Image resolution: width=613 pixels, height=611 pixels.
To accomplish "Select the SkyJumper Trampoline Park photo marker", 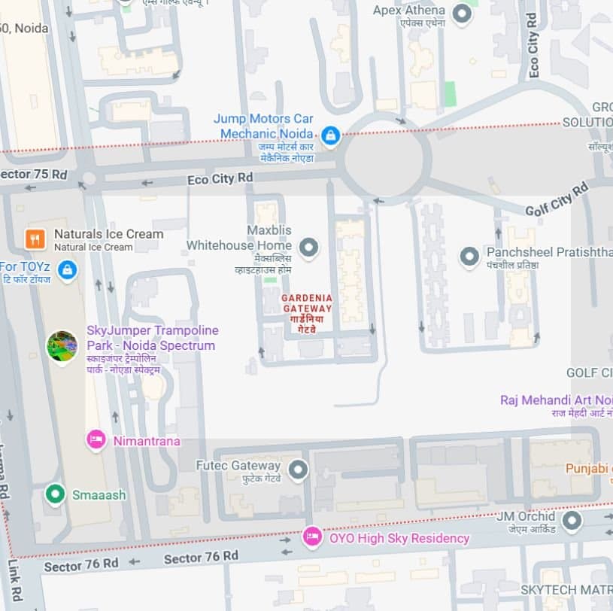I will (x=62, y=346).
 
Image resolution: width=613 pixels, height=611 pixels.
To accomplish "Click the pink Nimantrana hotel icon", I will (x=96, y=439).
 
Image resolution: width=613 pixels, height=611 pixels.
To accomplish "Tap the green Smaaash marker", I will (x=54, y=494).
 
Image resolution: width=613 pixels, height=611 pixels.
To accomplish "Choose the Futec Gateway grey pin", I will (x=299, y=470).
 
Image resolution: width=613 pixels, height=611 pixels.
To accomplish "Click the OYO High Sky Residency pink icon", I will (x=311, y=537).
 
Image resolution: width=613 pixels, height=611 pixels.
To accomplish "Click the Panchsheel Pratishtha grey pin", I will (x=469, y=257).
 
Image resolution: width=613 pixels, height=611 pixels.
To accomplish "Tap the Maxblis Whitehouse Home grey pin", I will (x=308, y=246).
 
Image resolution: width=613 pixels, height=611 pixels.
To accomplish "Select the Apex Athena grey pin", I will (x=463, y=12).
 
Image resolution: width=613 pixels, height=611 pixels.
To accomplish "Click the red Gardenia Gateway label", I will (x=307, y=308).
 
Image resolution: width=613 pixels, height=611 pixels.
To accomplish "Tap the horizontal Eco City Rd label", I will (x=220, y=178).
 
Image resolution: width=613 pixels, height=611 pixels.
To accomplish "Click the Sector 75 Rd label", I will (x=34, y=175).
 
